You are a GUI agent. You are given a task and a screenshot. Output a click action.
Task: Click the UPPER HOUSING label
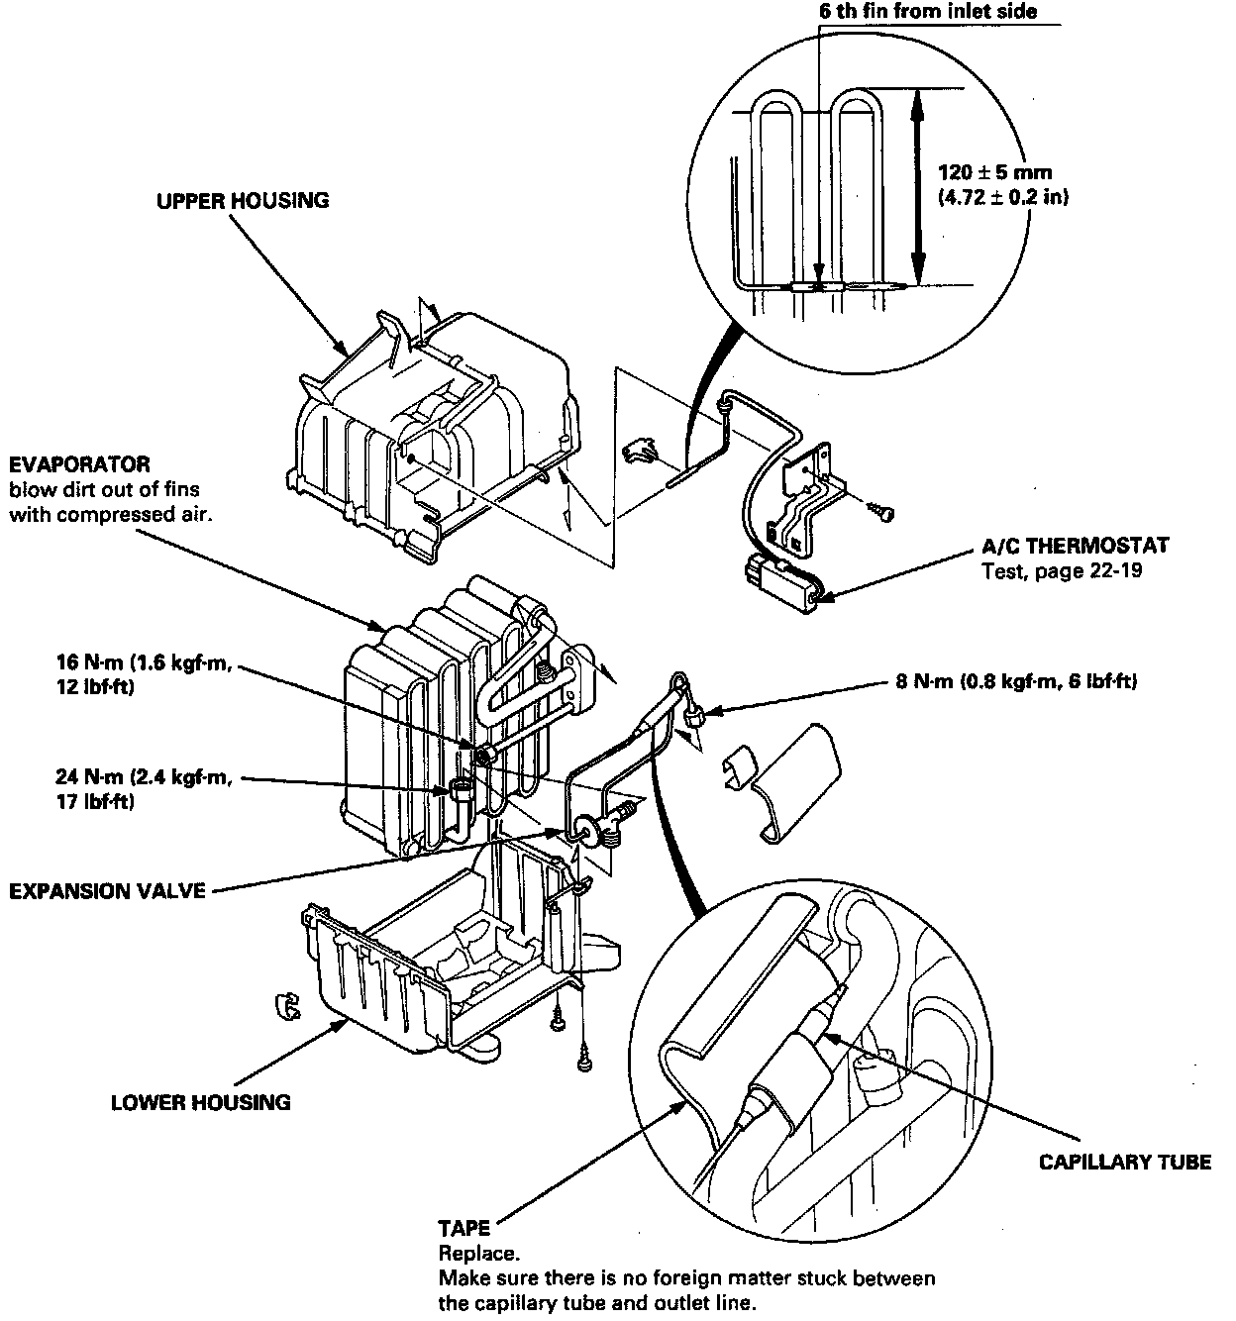click(243, 201)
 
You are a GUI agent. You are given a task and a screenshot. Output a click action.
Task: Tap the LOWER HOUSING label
click(201, 1103)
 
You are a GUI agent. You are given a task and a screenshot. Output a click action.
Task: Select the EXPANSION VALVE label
click(107, 891)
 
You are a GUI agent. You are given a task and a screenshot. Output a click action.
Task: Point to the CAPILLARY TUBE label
click(1125, 1162)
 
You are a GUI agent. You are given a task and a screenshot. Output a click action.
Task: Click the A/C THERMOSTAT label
click(1076, 546)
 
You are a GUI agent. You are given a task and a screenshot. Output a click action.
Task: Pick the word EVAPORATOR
click(79, 464)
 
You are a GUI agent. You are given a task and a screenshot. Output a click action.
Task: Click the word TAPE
click(463, 1228)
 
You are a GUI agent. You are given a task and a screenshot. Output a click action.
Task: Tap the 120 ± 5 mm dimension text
click(995, 173)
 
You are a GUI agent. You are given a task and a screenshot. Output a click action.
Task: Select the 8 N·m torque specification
click(1016, 681)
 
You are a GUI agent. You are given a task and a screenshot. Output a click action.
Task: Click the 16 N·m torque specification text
click(144, 674)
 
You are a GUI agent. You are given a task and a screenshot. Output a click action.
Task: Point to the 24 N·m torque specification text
click(144, 789)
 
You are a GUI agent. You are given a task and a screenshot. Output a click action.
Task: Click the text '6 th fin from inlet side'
click(928, 11)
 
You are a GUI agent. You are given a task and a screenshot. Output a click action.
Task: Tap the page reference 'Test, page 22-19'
click(1062, 570)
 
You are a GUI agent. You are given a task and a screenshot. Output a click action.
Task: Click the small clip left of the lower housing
click(286, 1006)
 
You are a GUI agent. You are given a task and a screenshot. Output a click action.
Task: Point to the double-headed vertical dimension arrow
click(919, 187)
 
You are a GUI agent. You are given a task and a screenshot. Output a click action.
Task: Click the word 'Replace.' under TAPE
click(478, 1254)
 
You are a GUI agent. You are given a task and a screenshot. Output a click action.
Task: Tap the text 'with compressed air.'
click(111, 515)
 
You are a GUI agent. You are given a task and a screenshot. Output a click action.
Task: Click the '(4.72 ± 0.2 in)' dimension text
click(1003, 197)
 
